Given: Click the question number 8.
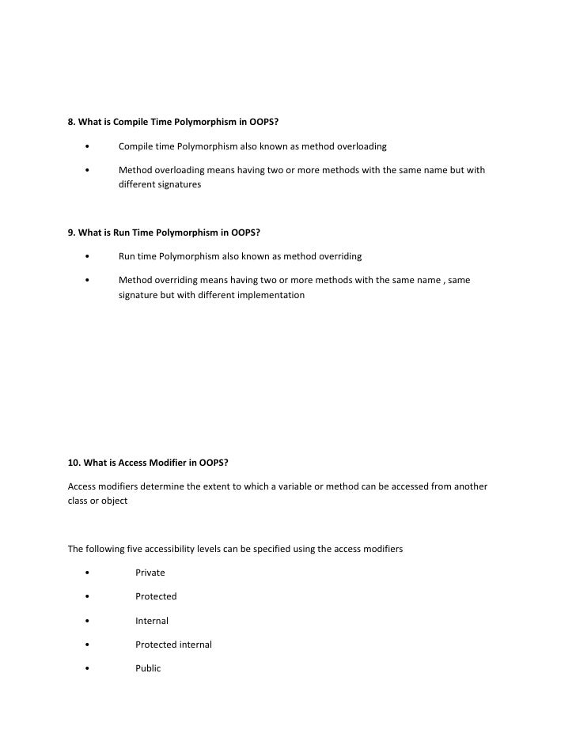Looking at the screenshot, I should [71, 123].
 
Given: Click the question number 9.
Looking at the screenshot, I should [71, 233].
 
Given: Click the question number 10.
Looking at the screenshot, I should [74, 462].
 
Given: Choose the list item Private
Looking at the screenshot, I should [150, 572].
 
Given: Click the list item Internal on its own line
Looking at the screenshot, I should [152, 621].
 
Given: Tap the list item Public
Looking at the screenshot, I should [148, 668].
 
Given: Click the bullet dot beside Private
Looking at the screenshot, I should [86, 573].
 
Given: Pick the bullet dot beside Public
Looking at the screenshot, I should [86, 669].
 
